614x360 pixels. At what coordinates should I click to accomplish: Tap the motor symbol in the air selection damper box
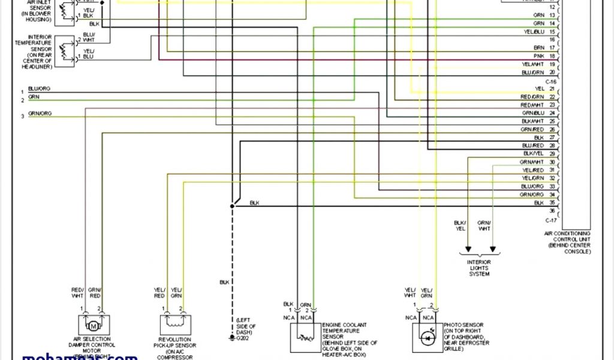(x=93, y=326)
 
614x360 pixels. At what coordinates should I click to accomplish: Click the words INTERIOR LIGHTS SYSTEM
(x=479, y=268)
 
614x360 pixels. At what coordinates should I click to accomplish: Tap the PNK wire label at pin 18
(x=538, y=56)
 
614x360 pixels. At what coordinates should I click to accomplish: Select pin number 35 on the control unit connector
(x=552, y=203)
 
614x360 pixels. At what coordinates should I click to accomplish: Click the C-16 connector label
(x=551, y=81)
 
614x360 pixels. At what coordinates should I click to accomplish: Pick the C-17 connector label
(x=551, y=220)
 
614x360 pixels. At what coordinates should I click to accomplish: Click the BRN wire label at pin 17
(x=539, y=47)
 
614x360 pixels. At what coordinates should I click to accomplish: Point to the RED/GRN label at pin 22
(x=532, y=97)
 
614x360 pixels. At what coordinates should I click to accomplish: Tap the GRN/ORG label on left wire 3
(x=40, y=113)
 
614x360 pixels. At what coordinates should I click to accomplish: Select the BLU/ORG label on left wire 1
(x=39, y=89)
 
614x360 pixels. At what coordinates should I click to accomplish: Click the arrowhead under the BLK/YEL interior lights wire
(x=468, y=251)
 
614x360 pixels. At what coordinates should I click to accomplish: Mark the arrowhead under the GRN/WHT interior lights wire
(x=492, y=251)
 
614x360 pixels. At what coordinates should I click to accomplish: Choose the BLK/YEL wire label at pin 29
(x=533, y=154)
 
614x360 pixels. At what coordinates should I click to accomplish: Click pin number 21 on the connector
(x=552, y=89)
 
